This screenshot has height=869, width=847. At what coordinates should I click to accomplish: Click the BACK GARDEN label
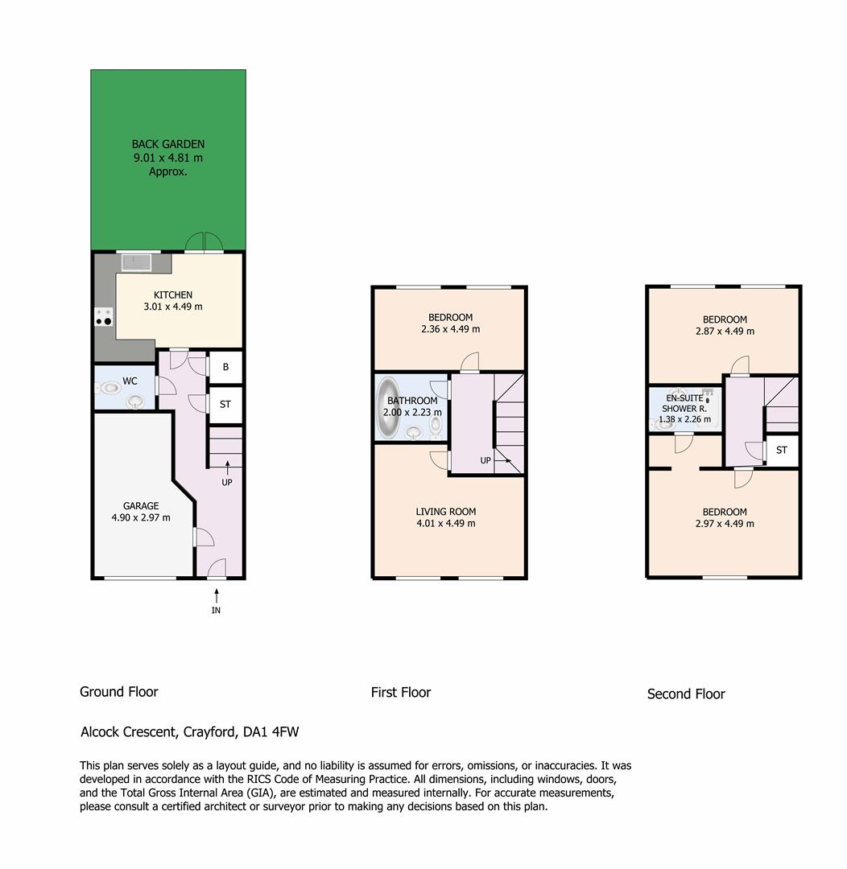pyautogui.click(x=168, y=144)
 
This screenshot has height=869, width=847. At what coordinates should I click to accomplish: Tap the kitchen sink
pyautogui.click(x=136, y=262)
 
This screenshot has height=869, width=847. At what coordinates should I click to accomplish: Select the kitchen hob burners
pyautogui.click(x=104, y=317)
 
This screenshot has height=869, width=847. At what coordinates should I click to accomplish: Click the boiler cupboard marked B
pyautogui.click(x=225, y=367)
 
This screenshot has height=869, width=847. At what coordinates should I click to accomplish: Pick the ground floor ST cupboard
pyautogui.click(x=225, y=405)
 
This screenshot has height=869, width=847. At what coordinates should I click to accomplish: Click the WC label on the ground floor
pyautogui.click(x=130, y=381)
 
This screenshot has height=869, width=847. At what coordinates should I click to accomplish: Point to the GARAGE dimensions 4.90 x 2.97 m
pyautogui.click(x=141, y=517)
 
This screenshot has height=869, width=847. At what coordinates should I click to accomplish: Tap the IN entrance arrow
pyautogui.click(x=217, y=595)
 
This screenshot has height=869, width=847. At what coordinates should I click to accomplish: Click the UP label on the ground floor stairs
pyautogui.click(x=227, y=482)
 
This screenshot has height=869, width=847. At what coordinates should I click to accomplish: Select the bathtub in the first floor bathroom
pyautogui.click(x=388, y=408)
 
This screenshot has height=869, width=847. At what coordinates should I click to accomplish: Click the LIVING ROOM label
pyautogui.click(x=446, y=512)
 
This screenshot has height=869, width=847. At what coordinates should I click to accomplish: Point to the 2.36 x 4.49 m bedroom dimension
pyautogui.click(x=450, y=329)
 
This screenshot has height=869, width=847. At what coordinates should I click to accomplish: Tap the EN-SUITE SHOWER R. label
pyautogui.click(x=684, y=403)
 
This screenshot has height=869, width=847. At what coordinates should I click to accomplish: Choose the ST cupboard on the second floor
pyautogui.click(x=782, y=450)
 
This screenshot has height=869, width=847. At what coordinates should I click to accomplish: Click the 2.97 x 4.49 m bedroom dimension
pyautogui.click(x=725, y=524)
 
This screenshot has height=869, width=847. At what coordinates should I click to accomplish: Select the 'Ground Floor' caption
pyautogui.click(x=118, y=692)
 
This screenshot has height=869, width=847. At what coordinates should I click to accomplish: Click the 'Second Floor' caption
pyautogui.click(x=686, y=694)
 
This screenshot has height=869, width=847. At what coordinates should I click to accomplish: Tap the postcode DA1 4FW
pyautogui.click(x=271, y=732)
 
